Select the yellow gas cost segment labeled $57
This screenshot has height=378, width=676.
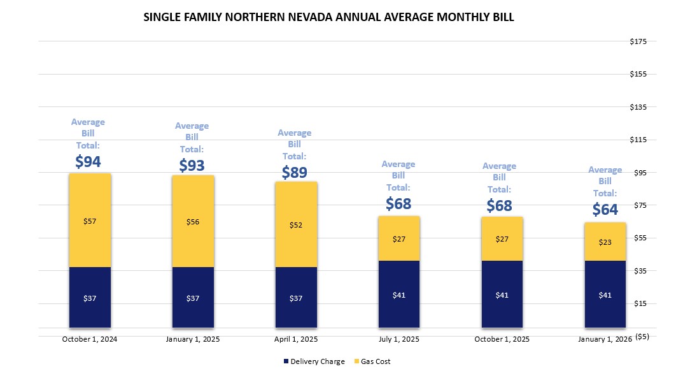90,221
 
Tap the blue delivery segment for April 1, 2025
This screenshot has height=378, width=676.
296,298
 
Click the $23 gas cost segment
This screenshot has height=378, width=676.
605,242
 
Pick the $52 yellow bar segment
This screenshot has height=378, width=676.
296,224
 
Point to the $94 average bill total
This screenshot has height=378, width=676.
88,162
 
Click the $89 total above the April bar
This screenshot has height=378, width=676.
294,173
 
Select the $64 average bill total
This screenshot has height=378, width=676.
605,209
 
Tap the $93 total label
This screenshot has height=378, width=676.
192,166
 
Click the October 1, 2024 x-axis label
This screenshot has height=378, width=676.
90,339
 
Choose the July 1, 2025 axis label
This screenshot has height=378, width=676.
399,339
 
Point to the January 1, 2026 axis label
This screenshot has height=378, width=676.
604,339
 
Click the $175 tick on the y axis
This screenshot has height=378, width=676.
638,41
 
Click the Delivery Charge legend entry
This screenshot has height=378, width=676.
314,361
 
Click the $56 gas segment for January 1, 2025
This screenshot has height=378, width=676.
193,222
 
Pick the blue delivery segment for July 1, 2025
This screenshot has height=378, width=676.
399,295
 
